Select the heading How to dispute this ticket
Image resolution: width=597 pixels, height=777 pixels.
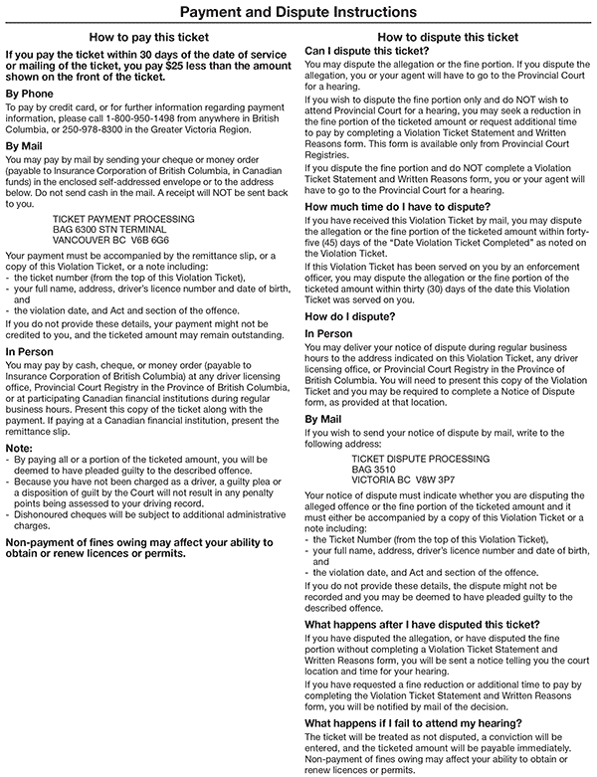pos(448,36)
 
